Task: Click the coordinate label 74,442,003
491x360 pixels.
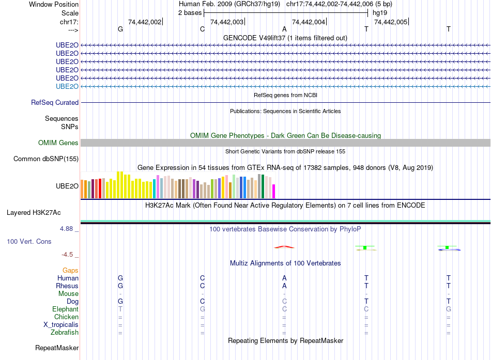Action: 227,22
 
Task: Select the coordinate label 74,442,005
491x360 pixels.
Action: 390,22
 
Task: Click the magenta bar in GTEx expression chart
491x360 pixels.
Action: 274,191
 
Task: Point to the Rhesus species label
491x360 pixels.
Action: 68,286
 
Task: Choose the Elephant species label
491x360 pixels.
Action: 65,309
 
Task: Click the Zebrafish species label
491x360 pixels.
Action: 65,332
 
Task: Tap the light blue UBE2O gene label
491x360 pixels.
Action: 67,86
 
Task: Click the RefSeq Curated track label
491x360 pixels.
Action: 55,102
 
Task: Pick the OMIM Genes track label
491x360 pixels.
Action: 58,143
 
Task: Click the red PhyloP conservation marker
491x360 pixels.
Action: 284,247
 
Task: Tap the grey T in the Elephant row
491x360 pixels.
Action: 120,309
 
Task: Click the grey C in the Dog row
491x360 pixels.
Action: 284,301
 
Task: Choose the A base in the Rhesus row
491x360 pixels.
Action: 284,286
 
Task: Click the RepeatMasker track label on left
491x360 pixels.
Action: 57,348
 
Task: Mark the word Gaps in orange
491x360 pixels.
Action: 70,270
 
